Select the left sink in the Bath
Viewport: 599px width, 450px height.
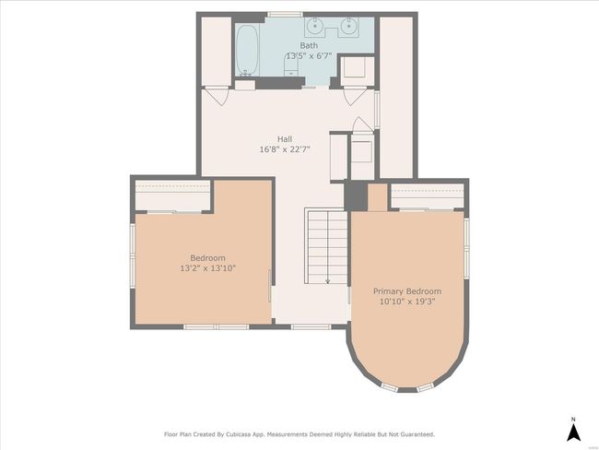(x=315, y=27)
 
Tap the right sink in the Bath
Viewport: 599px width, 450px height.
(x=348, y=27)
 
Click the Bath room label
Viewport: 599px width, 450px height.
(x=309, y=45)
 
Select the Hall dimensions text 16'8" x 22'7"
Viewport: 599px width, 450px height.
(x=285, y=149)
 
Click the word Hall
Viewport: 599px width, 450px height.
(x=285, y=139)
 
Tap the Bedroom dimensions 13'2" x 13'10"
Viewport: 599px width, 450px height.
(x=208, y=268)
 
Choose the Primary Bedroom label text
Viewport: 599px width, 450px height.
(x=407, y=291)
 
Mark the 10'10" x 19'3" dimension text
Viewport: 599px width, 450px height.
(x=407, y=302)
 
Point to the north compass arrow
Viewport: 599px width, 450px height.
(x=573, y=432)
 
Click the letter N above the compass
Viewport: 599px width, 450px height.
(x=573, y=419)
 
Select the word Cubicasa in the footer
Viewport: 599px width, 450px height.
(x=239, y=434)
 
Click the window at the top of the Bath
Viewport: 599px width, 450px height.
(x=285, y=15)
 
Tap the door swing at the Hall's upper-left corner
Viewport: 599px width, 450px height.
(x=217, y=96)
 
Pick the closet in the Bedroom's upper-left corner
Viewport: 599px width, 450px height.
(x=172, y=195)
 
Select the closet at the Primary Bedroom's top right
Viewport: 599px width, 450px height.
(x=427, y=196)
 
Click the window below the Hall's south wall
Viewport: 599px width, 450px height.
(x=311, y=326)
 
